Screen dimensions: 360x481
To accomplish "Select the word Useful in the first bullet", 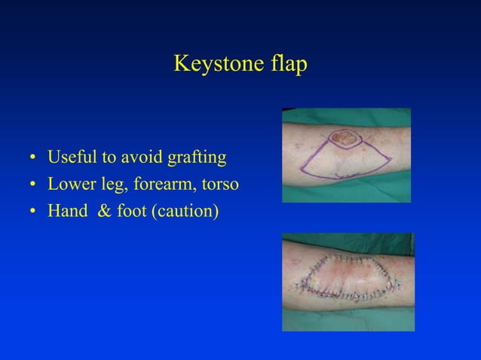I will coord(72,158).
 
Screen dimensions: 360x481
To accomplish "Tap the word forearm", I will coord(160,185).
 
